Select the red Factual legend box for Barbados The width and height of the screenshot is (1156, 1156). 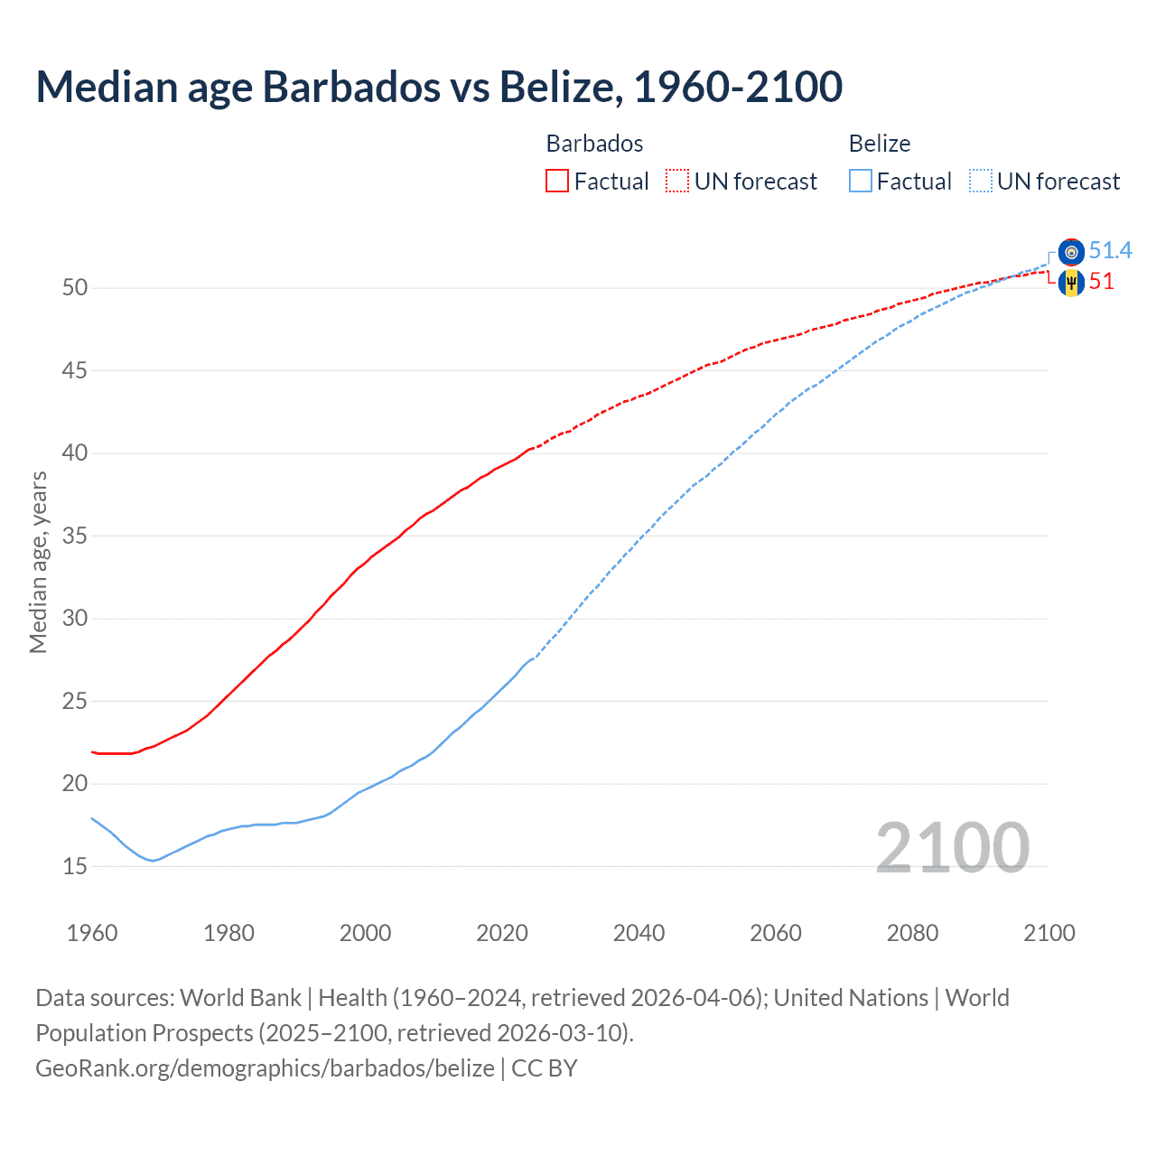(x=557, y=182)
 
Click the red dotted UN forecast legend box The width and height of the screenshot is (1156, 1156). (x=677, y=182)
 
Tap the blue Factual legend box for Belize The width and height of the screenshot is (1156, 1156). (x=861, y=182)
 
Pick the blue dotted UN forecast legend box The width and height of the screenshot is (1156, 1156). (x=981, y=182)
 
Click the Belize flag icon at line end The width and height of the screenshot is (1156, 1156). (x=1071, y=252)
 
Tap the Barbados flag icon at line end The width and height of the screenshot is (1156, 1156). (x=1071, y=283)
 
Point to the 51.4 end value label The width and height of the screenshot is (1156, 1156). (x=1110, y=251)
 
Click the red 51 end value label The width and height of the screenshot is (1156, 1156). (x=1101, y=282)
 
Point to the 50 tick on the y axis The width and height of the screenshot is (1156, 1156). (x=75, y=288)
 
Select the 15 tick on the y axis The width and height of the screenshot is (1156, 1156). (x=75, y=867)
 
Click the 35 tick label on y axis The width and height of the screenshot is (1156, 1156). (x=75, y=536)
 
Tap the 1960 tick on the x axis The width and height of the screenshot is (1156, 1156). (x=92, y=933)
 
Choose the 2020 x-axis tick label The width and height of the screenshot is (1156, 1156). (x=502, y=933)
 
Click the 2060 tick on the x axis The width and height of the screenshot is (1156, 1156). (x=776, y=933)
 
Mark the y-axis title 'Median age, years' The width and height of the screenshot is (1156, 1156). (x=38, y=562)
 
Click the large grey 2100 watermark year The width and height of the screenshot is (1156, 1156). (x=952, y=848)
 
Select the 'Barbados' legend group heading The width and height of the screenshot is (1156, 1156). (x=594, y=144)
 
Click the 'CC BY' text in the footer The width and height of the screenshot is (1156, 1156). (x=544, y=1068)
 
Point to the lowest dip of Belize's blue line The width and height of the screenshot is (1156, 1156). (x=153, y=861)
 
